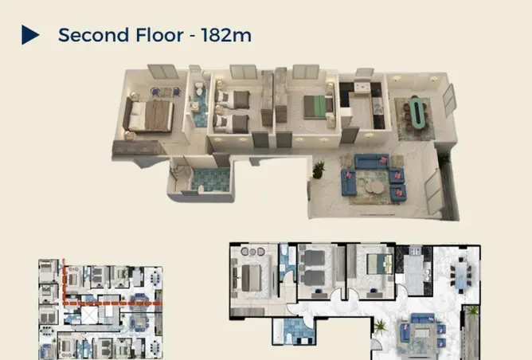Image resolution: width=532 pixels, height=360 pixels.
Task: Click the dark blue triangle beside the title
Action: pyautogui.click(x=29, y=34)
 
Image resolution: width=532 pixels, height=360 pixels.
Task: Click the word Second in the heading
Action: pyautogui.click(x=93, y=35)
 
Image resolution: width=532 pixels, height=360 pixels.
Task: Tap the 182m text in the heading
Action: pyautogui.click(x=226, y=35)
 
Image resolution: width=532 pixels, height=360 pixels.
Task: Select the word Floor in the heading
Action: pyautogui.click(x=159, y=35)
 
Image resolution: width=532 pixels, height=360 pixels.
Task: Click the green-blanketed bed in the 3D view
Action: pyautogui.click(x=315, y=107)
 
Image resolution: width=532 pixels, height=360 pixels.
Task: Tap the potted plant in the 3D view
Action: pyautogui.click(x=319, y=170)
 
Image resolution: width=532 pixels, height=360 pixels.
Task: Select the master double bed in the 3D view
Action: pyautogui.click(x=149, y=115)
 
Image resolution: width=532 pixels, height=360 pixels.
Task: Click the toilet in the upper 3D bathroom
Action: pyautogui.click(x=199, y=88)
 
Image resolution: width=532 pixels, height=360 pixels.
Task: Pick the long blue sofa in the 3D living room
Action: pyautogui.click(x=371, y=162)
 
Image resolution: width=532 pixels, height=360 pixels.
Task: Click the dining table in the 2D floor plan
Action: pyautogui.click(x=461, y=272)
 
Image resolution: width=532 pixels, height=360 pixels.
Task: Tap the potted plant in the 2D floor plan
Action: pyautogui.click(x=380, y=327)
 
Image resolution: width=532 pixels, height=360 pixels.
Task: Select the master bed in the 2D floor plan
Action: pyautogui.click(x=251, y=278)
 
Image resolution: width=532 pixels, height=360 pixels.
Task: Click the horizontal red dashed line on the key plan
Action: pyautogui.click(x=112, y=303)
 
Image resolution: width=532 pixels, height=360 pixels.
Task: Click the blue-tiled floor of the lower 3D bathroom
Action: pyautogui.click(x=211, y=179)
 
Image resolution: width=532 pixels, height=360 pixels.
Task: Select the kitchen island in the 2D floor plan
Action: pyautogui.click(x=413, y=275)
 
